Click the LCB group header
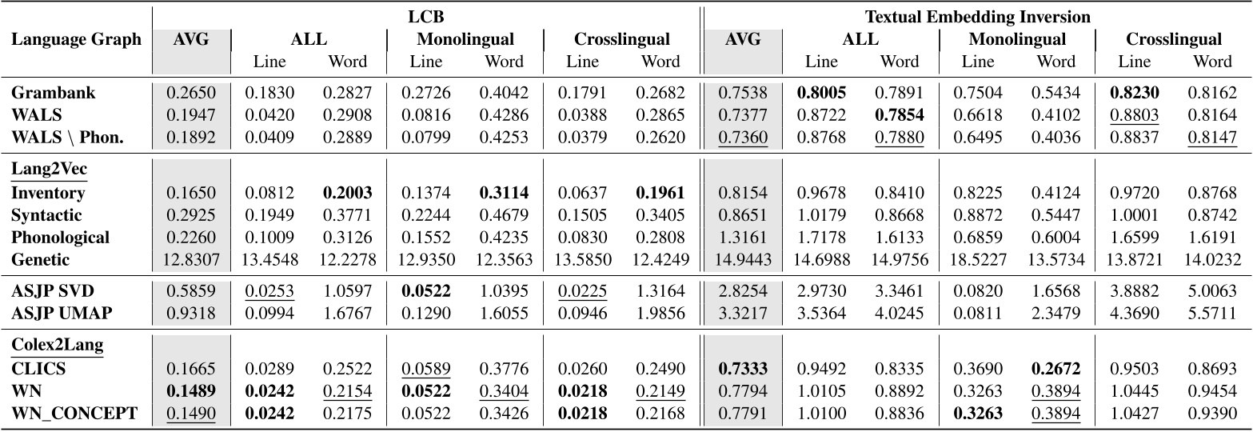[x=426, y=16]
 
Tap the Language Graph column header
[x=76, y=38]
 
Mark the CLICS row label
[x=38, y=370]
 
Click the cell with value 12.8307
[x=191, y=258]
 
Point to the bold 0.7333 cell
[x=744, y=370]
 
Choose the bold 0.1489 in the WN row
[x=191, y=392]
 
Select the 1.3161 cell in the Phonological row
[x=744, y=237]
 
